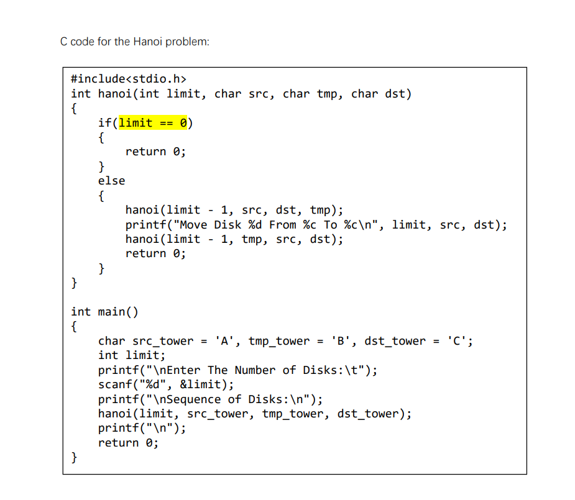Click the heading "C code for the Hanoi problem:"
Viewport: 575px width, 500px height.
(x=135, y=42)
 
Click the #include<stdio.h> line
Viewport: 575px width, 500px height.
(x=129, y=79)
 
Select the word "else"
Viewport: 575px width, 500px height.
(x=111, y=181)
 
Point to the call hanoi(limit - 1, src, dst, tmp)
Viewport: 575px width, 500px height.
(x=234, y=210)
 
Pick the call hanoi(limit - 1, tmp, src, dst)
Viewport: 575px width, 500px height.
(x=234, y=239)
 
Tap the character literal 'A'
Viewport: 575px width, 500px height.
(x=224, y=341)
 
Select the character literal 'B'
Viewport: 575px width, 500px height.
(x=341, y=341)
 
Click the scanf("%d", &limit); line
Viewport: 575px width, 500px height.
(x=166, y=384)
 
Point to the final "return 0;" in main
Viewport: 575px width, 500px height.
(x=128, y=443)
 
